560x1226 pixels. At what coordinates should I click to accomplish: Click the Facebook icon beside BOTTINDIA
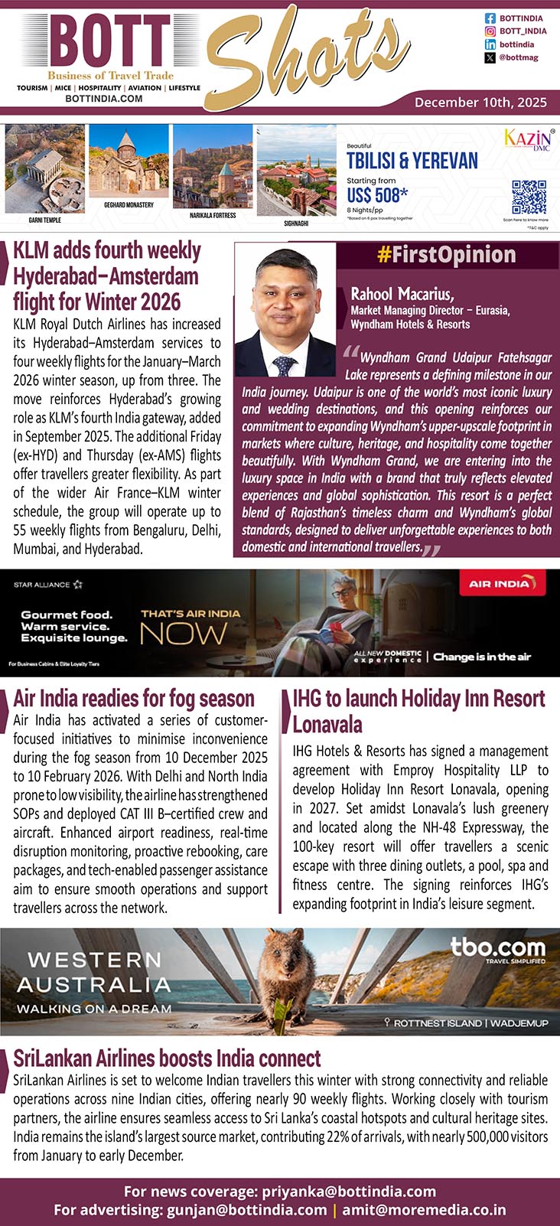pyautogui.click(x=490, y=18)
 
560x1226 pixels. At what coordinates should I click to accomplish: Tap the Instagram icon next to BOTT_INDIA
pyautogui.click(x=490, y=31)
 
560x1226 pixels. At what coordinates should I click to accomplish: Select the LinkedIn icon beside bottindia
pyautogui.click(x=490, y=44)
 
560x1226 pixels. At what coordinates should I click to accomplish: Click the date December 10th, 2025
pyautogui.click(x=480, y=102)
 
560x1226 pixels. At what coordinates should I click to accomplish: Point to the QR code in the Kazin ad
pyautogui.click(x=529, y=197)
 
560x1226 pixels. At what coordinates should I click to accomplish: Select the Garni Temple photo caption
pyautogui.click(x=44, y=220)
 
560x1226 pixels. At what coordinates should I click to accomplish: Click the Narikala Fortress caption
pyautogui.click(x=213, y=216)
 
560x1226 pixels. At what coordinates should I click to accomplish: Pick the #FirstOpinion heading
pyautogui.click(x=446, y=255)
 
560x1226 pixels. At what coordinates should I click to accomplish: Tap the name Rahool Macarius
pyautogui.click(x=402, y=294)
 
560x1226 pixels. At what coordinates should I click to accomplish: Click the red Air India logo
pyautogui.click(x=499, y=584)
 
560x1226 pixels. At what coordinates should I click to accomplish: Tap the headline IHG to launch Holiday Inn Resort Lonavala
pyautogui.click(x=418, y=711)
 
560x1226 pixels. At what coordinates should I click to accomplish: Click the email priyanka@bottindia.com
pyautogui.click(x=349, y=1192)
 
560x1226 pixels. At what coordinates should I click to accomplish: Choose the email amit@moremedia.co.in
pyautogui.click(x=424, y=1210)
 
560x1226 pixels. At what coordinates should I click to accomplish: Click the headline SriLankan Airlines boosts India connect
pyautogui.click(x=167, y=1058)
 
